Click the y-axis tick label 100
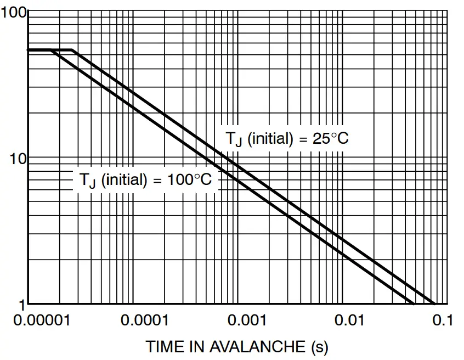click(x=13, y=12)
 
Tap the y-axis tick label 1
click(x=22, y=303)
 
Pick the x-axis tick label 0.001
click(x=245, y=320)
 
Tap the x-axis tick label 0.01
click(x=350, y=320)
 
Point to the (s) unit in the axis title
click(x=319, y=347)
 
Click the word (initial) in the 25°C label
click(x=270, y=138)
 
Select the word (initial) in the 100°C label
click(x=124, y=179)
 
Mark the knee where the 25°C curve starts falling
click(x=72, y=50)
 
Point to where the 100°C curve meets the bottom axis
click(x=414, y=303)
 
